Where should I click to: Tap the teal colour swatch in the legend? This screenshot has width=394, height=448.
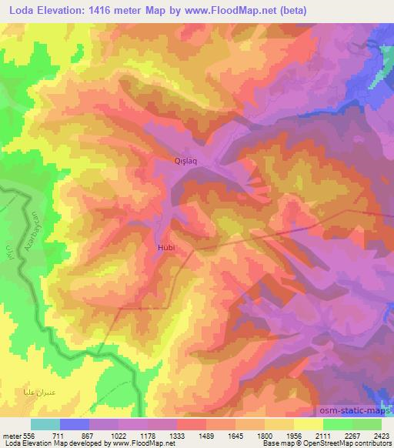[x=45, y=423]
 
